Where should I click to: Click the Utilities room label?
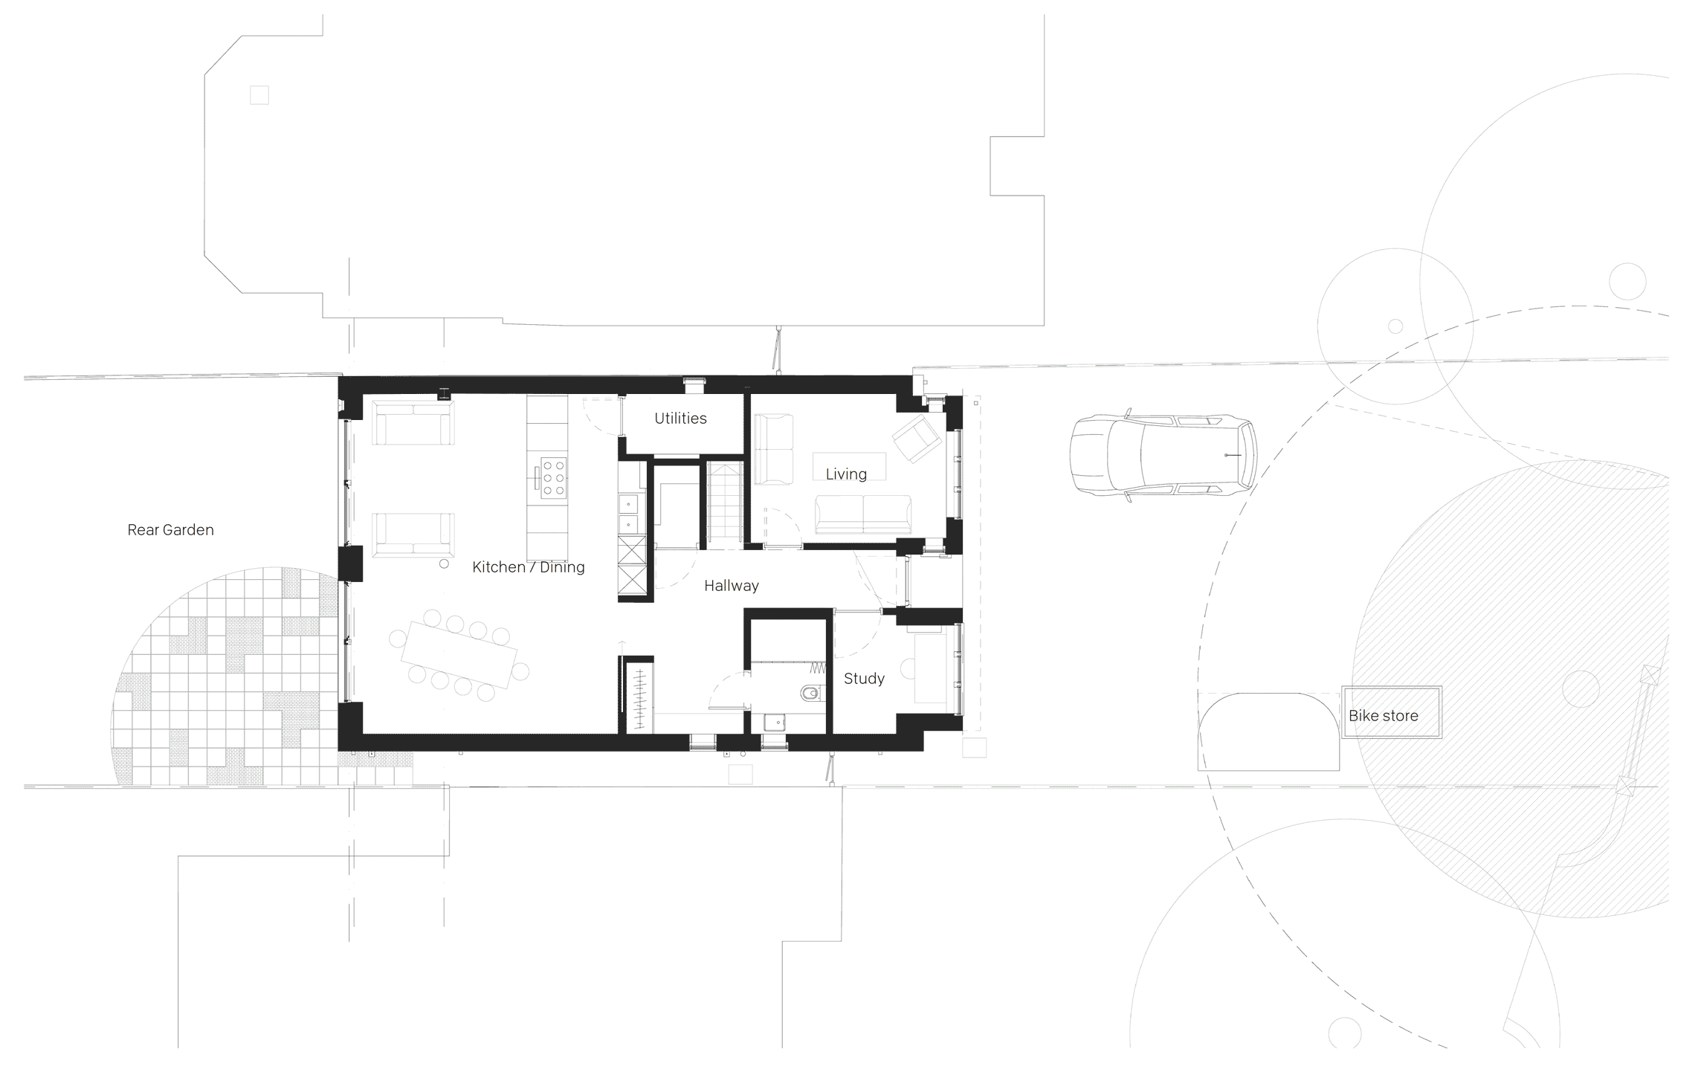click(680, 419)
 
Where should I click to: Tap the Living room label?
click(846, 474)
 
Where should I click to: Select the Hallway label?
click(732, 586)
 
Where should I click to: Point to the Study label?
click(864, 679)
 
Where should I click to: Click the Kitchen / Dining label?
click(529, 567)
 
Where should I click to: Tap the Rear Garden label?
click(170, 530)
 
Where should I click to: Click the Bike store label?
click(1384, 716)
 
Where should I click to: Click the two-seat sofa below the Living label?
click(863, 514)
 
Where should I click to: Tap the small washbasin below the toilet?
click(775, 723)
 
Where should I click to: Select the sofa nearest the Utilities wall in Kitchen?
click(413, 423)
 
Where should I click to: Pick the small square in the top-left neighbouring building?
click(259, 95)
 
